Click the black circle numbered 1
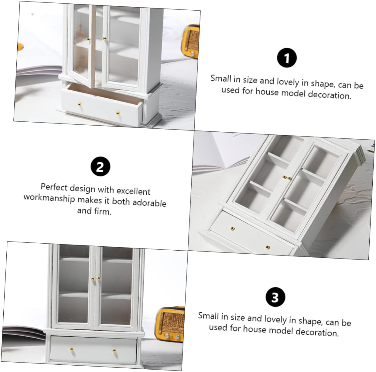pos(287,58)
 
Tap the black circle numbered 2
pos(100,166)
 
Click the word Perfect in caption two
pos(54,187)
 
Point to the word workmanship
pos(49,198)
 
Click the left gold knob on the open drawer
pos(79,105)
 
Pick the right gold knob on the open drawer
pos(118,113)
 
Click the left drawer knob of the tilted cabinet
pos(232,228)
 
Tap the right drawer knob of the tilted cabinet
pos(268,247)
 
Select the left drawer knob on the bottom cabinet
pos(72,349)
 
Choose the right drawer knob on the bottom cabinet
pos(114,351)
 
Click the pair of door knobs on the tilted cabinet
pos(287,178)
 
